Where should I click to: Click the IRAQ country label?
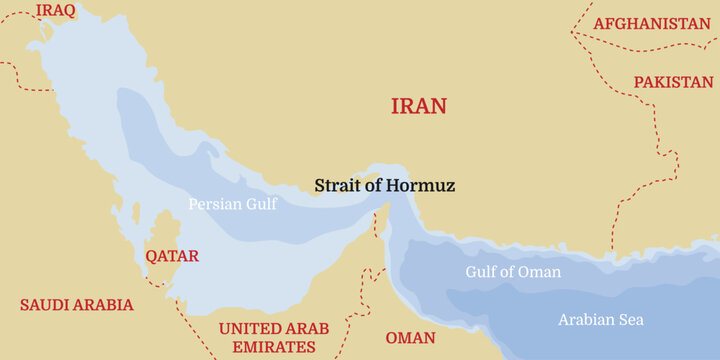click(x=56, y=11)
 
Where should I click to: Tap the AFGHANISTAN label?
click(x=652, y=23)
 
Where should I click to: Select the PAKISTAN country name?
click(x=673, y=81)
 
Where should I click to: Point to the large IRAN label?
click(x=418, y=106)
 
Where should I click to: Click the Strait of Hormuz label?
click(x=385, y=185)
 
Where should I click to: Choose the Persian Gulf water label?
click(x=233, y=203)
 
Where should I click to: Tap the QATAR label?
click(x=172, y=255)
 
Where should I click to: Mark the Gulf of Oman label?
click(x=513, y=272)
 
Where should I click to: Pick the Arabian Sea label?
click(x=600, y=320)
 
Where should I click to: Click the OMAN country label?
click(x=410, y=337)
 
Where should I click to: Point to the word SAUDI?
click(x=48, y=305)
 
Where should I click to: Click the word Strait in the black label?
click(x=337, y=185)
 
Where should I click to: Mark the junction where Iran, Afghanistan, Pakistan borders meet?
click(x=572, y=33)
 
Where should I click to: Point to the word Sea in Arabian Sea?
click(x=630, y=320)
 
